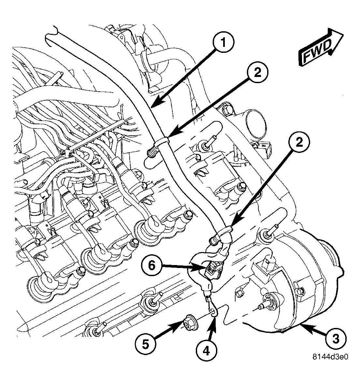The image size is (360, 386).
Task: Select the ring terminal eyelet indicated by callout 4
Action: coord(213,313)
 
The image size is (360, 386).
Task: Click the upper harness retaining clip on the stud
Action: coord(162,142)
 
